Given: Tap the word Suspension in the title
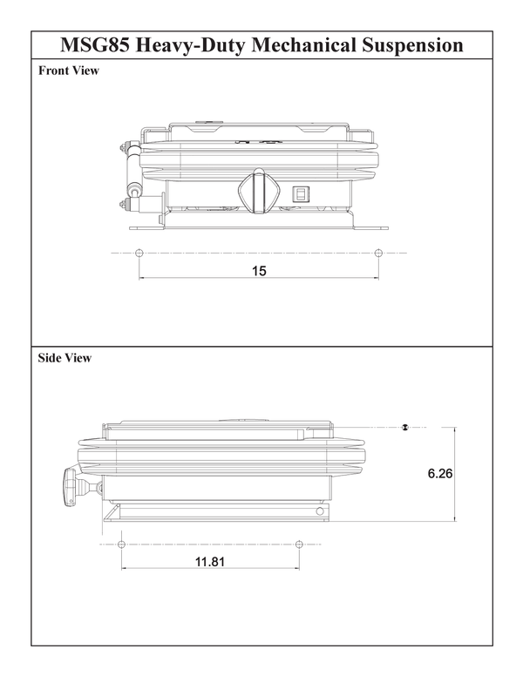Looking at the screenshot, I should pyautogui.click(x=407, y=44).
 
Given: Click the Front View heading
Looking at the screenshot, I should pyautogui.click(x=69, y=71).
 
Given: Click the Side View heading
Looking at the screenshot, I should pyautogui.click(x=65, y=358).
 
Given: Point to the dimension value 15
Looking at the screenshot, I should pyautogui.click(x=259, y=271).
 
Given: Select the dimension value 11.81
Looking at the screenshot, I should pyautogui.click(x=210, y=562).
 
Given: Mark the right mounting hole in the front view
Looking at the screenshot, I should pyautogui.click(x=377, y=253).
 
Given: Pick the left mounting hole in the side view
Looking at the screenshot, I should pyautogui.click(x=121, y=544).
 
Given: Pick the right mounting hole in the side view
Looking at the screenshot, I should pyautogui.click(x=299, y=544).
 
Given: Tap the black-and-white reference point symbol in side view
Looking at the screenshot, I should pyautogui.click(x=405, y=427).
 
